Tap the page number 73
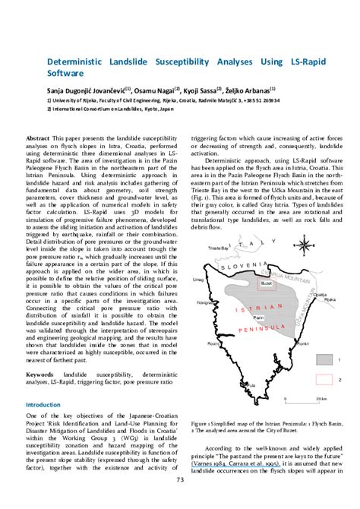[180, 479]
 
